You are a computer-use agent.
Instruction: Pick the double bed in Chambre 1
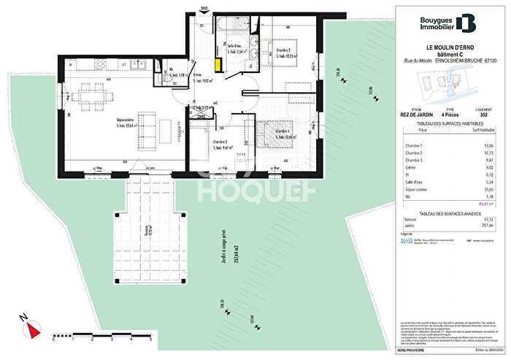pos(277,136)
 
